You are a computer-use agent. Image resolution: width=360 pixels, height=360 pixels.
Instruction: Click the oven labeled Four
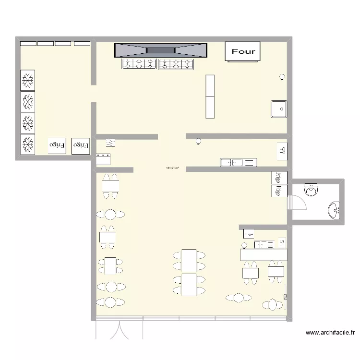243,51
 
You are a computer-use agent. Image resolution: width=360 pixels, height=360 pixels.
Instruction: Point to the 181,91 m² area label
172,168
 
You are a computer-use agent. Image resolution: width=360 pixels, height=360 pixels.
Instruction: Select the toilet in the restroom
311,191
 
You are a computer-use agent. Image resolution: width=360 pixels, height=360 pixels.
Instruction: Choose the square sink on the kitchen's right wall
278,109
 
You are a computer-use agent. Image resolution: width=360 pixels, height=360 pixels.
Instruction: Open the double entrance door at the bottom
120,329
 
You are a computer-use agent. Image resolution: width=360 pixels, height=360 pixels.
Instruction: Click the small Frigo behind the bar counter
249,234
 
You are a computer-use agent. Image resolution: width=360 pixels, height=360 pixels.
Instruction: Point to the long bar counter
263,254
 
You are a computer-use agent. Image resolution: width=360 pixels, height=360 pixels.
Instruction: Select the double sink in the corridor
239,162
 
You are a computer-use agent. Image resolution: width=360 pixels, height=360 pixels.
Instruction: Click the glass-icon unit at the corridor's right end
282,151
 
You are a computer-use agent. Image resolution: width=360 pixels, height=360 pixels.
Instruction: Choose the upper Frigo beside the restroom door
278,178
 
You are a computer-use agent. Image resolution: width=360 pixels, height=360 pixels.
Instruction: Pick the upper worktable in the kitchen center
210,85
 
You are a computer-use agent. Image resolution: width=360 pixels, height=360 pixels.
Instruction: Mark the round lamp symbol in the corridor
198,141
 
